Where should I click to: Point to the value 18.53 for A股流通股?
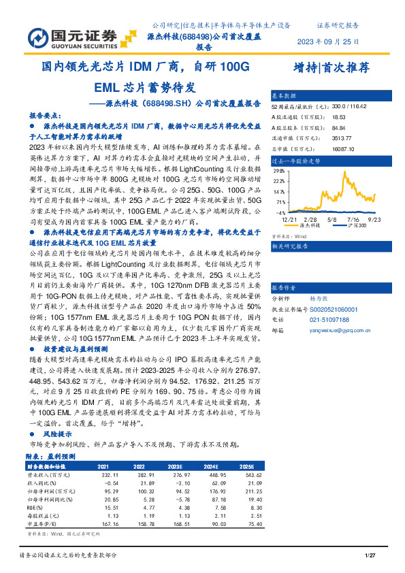coord(340,117)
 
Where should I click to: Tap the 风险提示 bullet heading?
coord(56,433)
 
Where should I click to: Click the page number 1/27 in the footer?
coord(371,557)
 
